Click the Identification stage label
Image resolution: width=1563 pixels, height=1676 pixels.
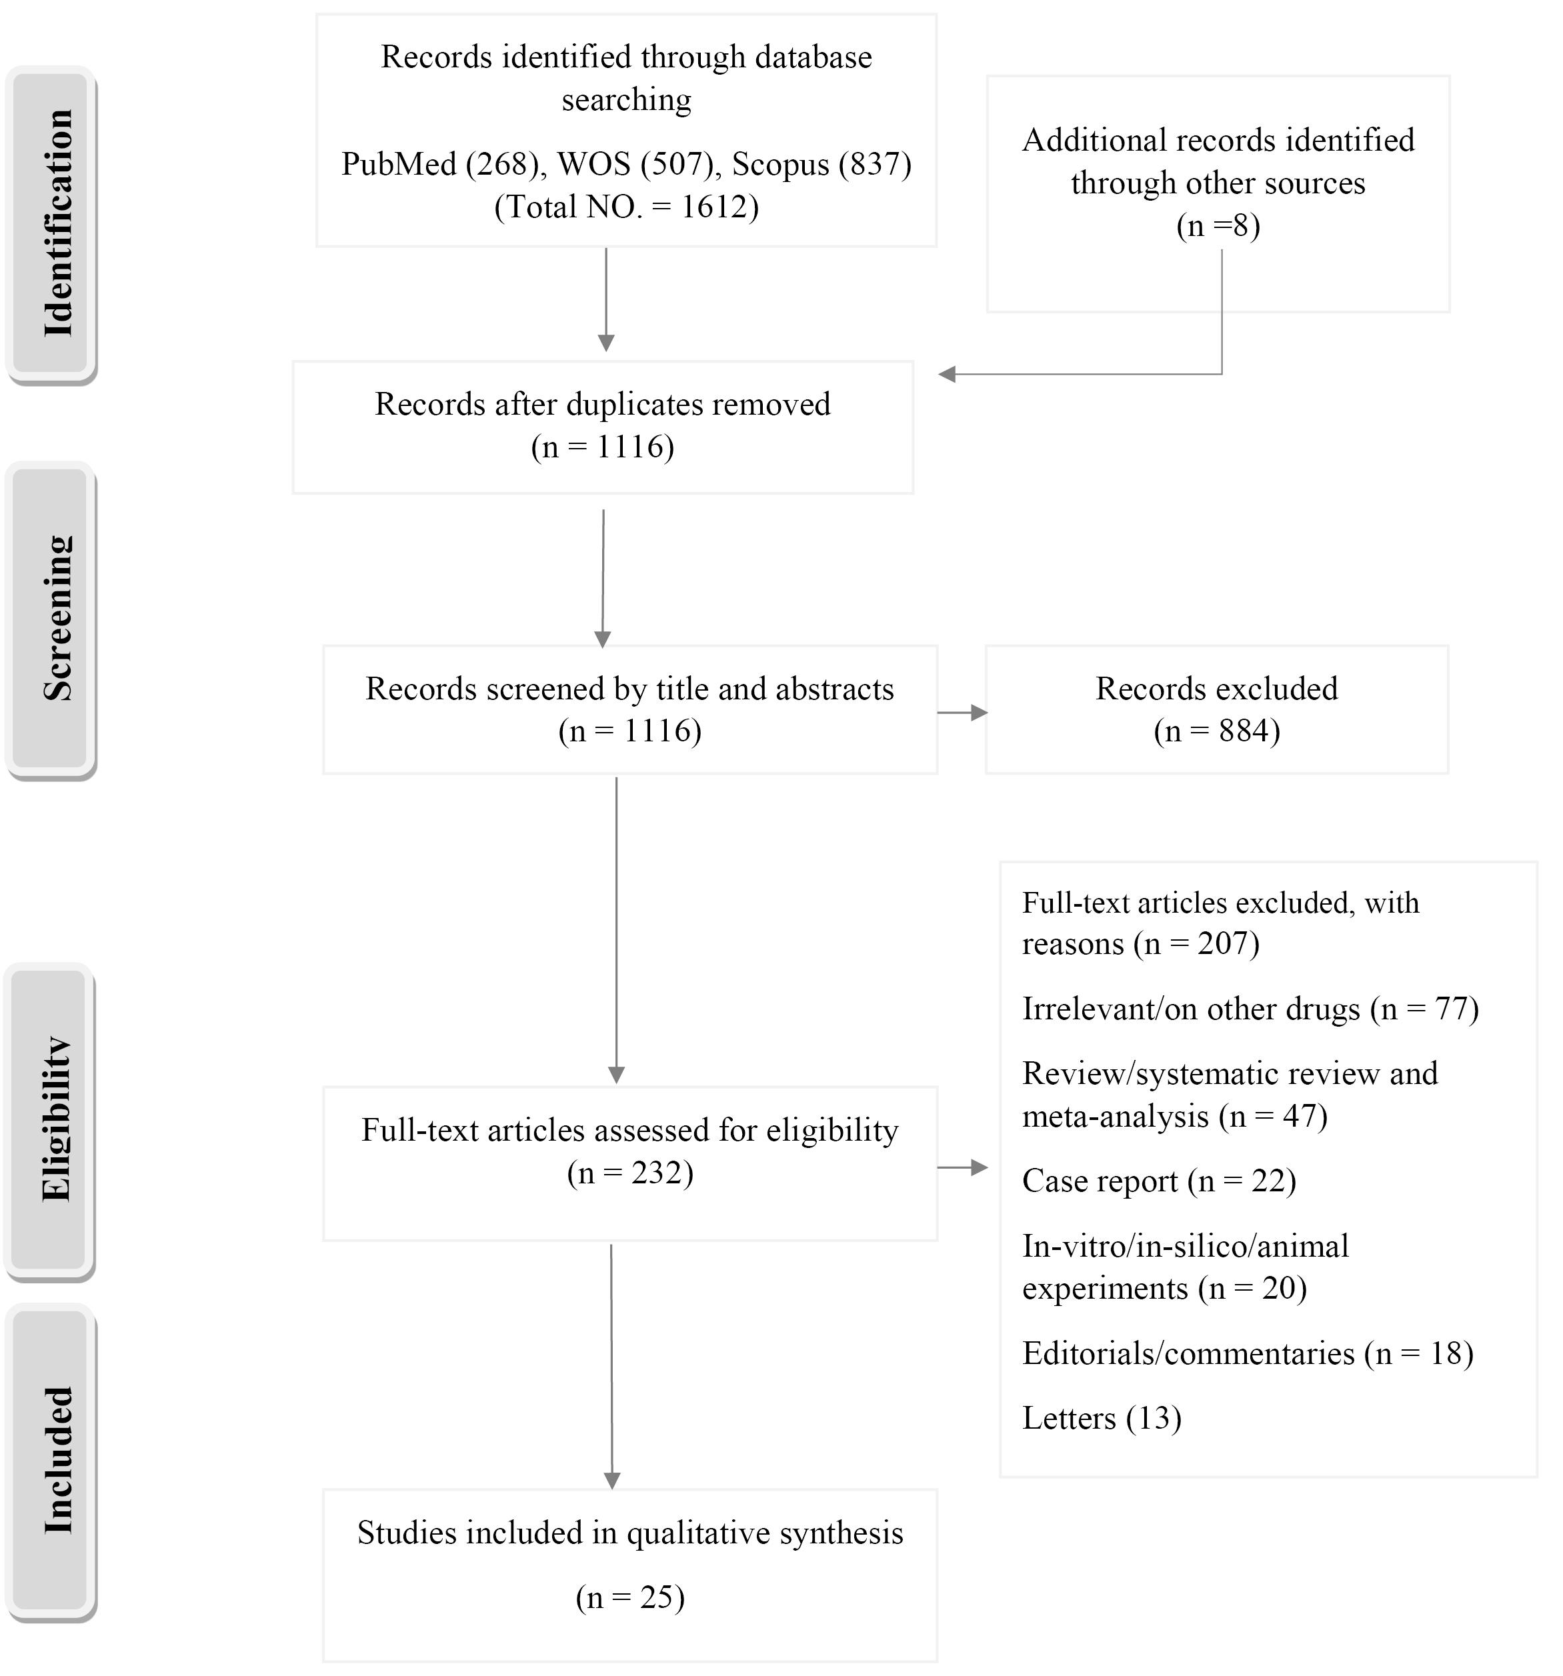click(58, 223)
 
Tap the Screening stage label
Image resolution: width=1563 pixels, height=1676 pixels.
click(58, 618)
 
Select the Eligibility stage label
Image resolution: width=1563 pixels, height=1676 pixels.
click(57, 1119)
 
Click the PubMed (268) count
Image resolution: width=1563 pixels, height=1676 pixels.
click(440, 163)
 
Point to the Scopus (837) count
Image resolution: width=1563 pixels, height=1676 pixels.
click(822, 163)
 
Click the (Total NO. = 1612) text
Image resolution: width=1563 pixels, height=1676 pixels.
click(626, 207)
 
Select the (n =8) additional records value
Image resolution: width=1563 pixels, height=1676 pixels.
click(1218, 226)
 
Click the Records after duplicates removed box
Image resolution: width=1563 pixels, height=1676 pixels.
click(603, 427)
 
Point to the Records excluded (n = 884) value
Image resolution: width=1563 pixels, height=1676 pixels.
click(1216, 731)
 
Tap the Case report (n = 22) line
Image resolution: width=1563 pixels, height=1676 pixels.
click(1159, 1181)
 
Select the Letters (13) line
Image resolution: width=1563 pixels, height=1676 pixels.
click(1102, 1418)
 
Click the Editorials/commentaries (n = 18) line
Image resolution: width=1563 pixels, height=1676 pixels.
click(1248, 1353)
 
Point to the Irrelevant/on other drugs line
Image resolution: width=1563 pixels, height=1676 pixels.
click(1250, 1009)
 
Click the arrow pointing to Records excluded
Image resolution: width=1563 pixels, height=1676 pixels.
click(962, 713)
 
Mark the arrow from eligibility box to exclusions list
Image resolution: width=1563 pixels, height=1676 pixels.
click(962, 1167)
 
